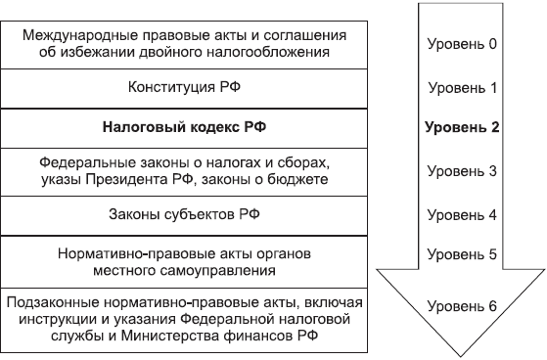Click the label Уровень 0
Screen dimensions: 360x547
tap(463, 44)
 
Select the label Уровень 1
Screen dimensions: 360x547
tap(463, 87)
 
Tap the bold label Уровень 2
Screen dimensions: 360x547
tap(463, 128)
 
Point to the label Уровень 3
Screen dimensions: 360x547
tap(463, 171)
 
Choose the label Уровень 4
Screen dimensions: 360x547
tap(463, 213)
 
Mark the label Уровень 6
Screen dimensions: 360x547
tap(463, 305)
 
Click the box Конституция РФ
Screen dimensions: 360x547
tap(185, 88)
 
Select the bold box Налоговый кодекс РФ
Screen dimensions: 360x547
tap(185, 128)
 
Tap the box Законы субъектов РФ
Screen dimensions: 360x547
tap(185, 213)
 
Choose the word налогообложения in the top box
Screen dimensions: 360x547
tap(268, 51)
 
